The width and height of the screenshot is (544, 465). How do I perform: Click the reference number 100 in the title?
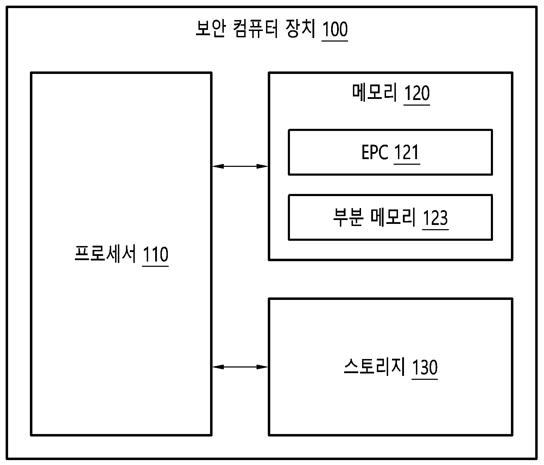pos(335,29)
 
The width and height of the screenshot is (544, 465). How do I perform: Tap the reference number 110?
pos(155,255)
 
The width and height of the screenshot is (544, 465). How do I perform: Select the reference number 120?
pos(417,93)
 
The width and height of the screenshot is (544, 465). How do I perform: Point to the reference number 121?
pos(407,152)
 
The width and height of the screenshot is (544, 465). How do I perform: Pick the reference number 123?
pos(435,218)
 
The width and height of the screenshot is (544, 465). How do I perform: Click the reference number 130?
pos(425,367)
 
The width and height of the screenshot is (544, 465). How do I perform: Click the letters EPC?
pos(375,152)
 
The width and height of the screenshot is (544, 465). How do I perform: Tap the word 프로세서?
pos(105,254)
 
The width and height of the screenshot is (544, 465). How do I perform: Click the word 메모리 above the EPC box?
pos(375,93)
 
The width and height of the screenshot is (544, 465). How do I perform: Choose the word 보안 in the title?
pos(211,29)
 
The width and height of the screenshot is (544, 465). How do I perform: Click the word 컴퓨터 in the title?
pos(256,29)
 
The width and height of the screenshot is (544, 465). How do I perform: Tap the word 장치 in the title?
pos(301,29)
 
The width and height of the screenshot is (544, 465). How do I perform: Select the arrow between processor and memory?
pos(240,166)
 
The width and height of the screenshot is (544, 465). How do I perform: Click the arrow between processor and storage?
pos(240,367)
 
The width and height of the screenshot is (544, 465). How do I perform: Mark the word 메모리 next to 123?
pos(393,217)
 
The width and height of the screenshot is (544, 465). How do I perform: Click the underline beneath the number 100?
pos(335,41)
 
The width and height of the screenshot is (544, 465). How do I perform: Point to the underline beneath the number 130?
pos(425,379)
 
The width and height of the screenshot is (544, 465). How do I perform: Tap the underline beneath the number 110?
pos(155,266)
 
